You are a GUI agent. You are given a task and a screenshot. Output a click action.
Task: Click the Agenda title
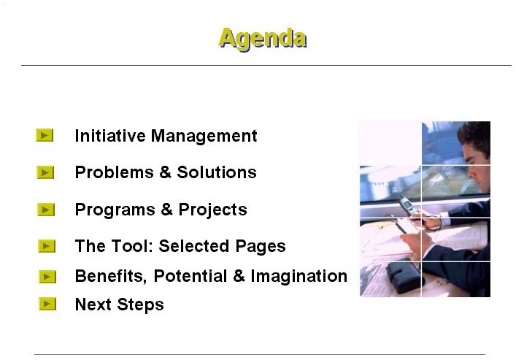point(263,39)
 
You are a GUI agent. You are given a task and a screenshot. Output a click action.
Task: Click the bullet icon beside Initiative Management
point(45,135)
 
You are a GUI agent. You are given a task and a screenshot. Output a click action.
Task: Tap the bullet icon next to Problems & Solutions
point(45,172)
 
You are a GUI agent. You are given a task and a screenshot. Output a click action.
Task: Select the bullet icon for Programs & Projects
point(46,210)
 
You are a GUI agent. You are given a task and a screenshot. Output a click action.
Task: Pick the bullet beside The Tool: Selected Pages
point(47,246)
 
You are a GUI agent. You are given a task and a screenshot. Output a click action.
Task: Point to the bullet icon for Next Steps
point(47,304)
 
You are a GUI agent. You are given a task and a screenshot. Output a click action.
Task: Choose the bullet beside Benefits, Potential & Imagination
point(47,277)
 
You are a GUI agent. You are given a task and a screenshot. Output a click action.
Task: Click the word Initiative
point(110,136)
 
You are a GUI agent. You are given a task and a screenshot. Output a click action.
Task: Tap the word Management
point(204,137)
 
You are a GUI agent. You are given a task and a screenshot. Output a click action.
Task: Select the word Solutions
point(217,172)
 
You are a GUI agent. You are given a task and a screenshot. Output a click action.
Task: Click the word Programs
point(115,210)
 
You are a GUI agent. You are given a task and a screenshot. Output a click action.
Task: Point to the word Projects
point(212,210)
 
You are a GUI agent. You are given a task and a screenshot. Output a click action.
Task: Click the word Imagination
point(298,277)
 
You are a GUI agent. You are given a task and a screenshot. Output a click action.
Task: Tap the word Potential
point(190,276)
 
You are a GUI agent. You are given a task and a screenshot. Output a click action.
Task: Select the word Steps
point(140,305)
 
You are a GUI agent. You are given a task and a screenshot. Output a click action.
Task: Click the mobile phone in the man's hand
point(407,205)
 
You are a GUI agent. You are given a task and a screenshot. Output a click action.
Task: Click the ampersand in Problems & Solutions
point(165,172)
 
